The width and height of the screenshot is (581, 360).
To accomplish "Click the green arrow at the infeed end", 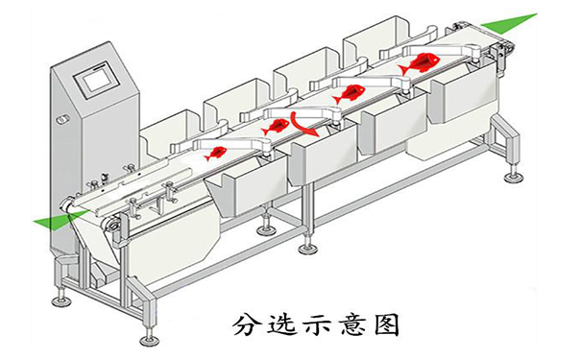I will click(x=53, y=220).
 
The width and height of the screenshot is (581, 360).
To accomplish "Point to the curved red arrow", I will click(x=305, y=122).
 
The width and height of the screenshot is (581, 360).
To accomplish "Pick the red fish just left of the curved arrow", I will click(x=275, y=126).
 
